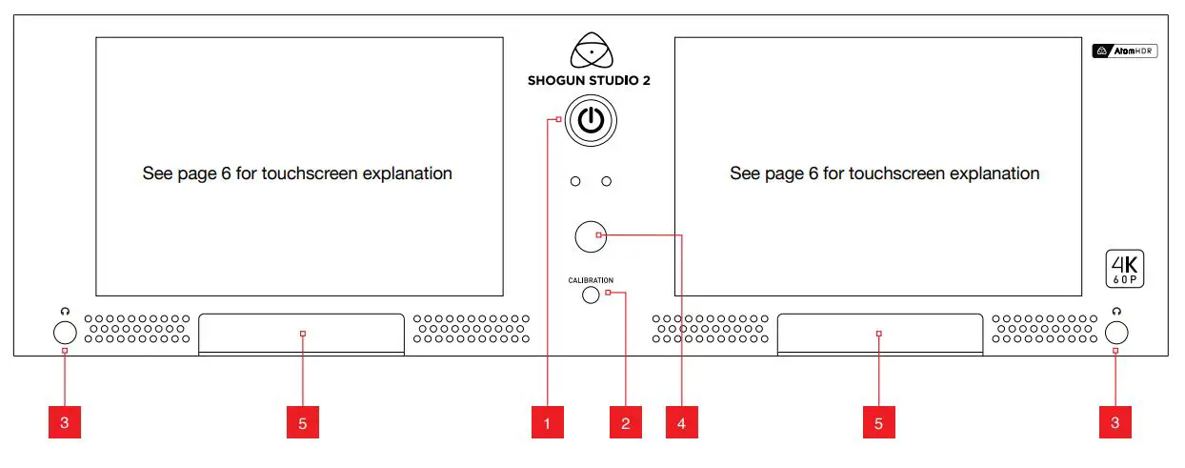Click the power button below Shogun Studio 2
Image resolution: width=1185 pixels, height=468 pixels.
coord(591,120)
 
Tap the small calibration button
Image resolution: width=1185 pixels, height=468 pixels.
coord(591,295)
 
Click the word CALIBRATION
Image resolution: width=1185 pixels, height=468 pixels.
coord(591,280)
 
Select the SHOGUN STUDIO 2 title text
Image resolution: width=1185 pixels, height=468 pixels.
coord(591,81)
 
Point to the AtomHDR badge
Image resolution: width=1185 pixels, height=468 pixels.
coord(1124,51)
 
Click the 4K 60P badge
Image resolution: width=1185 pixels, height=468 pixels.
coord(1124,269)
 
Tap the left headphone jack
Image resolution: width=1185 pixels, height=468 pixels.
coord(65,333)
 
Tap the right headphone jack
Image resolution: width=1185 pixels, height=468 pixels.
coord(1116,333)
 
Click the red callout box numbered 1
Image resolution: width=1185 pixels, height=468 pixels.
coord(548,422)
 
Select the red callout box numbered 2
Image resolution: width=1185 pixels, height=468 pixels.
coord(625,422)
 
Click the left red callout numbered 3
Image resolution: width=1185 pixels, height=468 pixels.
coord(65,422)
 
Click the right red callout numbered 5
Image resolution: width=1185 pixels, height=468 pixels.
coord(878,422)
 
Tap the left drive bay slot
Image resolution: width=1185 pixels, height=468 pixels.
coord(302,334)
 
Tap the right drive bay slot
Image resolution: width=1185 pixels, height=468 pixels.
coord(878,334)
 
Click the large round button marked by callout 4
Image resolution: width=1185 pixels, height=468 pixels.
coord(592,236)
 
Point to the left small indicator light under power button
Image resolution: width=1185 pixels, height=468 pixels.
coord(574,181)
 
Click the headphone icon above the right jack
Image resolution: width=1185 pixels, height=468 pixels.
coord(1116,311)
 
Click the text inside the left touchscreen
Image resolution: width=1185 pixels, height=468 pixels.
coord(297,173)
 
